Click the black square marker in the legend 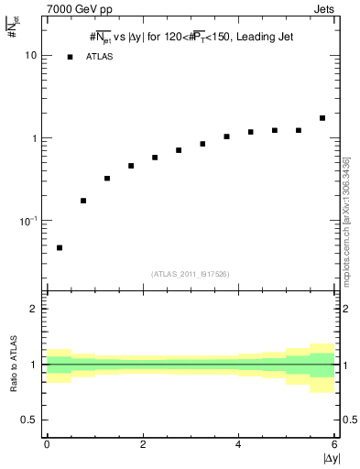click(x=70, y=57)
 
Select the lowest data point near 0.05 click(x=60, y=247)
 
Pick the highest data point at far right click(x=322, y=118)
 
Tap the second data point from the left click(x=83, y=201)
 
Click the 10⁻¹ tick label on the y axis click(x=29, y=221)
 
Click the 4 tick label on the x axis click(x=238, y=444)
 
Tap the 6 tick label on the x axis click(x=334, y=444)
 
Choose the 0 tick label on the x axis click(x=47, y=444)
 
